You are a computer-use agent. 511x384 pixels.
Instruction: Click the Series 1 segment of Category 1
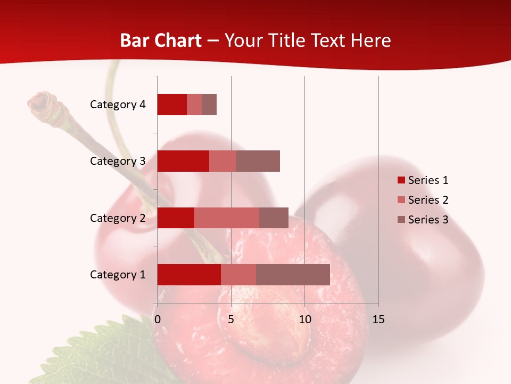[189, 275]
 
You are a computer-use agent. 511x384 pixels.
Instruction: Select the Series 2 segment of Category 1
[238, 275]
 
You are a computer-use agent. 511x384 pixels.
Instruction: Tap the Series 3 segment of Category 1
[293, 275]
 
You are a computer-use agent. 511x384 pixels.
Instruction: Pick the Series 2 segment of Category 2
[227, 218]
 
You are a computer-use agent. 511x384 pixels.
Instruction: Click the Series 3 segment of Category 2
[274, 218]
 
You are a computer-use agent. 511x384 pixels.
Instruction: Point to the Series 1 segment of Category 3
[183, 161]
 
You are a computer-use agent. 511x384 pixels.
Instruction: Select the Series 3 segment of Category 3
[258, 161]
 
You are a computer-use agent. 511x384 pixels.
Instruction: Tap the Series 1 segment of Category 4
[172, 105]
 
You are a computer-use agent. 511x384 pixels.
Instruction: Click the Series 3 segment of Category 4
[209, 105]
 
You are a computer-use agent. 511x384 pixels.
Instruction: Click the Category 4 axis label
[118, 105]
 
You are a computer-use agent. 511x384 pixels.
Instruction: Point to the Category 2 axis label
[118, 218]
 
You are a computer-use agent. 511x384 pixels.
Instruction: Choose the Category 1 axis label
[118, 275]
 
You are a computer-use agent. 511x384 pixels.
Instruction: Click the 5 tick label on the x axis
[231, 319]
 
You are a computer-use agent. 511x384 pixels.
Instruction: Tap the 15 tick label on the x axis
[378, 319]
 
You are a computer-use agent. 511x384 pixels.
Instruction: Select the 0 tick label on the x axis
[158, 319]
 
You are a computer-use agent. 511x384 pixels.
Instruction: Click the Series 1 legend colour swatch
[401, 180]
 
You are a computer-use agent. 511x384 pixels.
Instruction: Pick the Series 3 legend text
[428, 220]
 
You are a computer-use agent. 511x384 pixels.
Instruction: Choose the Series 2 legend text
[428, 200]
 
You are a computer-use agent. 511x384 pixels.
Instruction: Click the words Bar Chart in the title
[161, 41]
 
